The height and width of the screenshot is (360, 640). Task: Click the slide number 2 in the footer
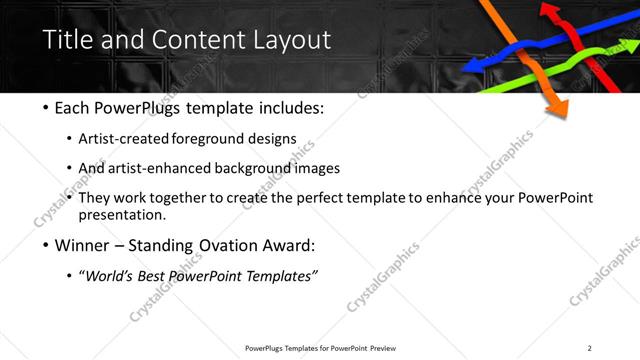[x=589, y=347]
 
